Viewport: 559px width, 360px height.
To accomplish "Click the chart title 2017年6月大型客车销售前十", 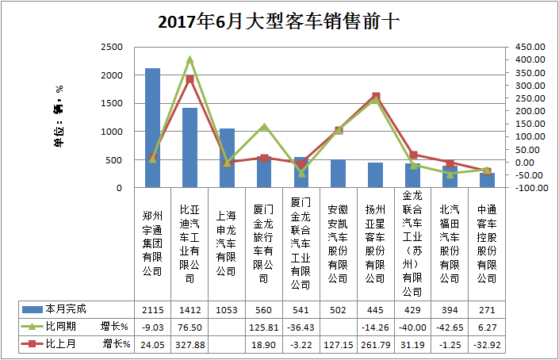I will point(278,21).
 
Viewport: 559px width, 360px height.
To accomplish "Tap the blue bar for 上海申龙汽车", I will point(227,159).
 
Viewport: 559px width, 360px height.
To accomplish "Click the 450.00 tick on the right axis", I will point(526,47).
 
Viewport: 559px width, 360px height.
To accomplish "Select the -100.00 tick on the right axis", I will point(526,188).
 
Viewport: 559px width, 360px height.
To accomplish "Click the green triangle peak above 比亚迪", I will point(190,59).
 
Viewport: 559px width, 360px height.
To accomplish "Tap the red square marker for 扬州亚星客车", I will point(376,97).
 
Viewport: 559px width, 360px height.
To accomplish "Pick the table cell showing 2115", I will point(152,308).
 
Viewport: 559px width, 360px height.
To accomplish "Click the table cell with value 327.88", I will point(190,344).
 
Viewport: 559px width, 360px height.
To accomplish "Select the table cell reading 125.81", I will point(264,326).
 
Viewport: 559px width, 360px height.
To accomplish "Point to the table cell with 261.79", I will point(376,344).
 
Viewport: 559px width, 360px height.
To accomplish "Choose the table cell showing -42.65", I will point(450,326).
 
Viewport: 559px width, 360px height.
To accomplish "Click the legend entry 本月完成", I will point(67,308).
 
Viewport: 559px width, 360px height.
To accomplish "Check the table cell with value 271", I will point(487,308).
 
